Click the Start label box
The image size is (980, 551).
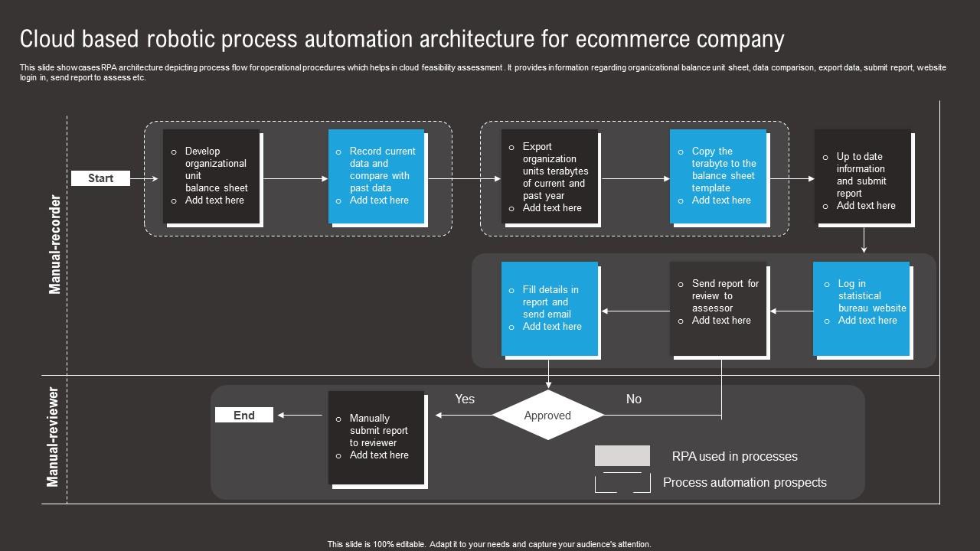coord(100,178)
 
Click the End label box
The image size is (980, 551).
coord(243,415)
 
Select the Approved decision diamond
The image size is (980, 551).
coord(547,416)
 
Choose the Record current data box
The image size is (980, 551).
coord(377,176)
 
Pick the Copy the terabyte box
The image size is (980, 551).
coord(718,176)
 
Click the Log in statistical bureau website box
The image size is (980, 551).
coord(861,308)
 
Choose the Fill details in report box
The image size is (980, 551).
coord(549,308)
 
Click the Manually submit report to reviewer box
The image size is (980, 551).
coord(376,437)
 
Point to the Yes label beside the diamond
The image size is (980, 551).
coord(465,399)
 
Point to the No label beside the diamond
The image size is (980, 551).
coord(633,399)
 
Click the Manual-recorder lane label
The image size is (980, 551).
coord(55,244)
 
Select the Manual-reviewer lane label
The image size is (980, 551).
coord(53,437)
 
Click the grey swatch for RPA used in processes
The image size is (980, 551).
coord(622,456)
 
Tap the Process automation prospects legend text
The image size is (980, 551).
coord(744,482)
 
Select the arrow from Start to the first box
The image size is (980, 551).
coord(144,178)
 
